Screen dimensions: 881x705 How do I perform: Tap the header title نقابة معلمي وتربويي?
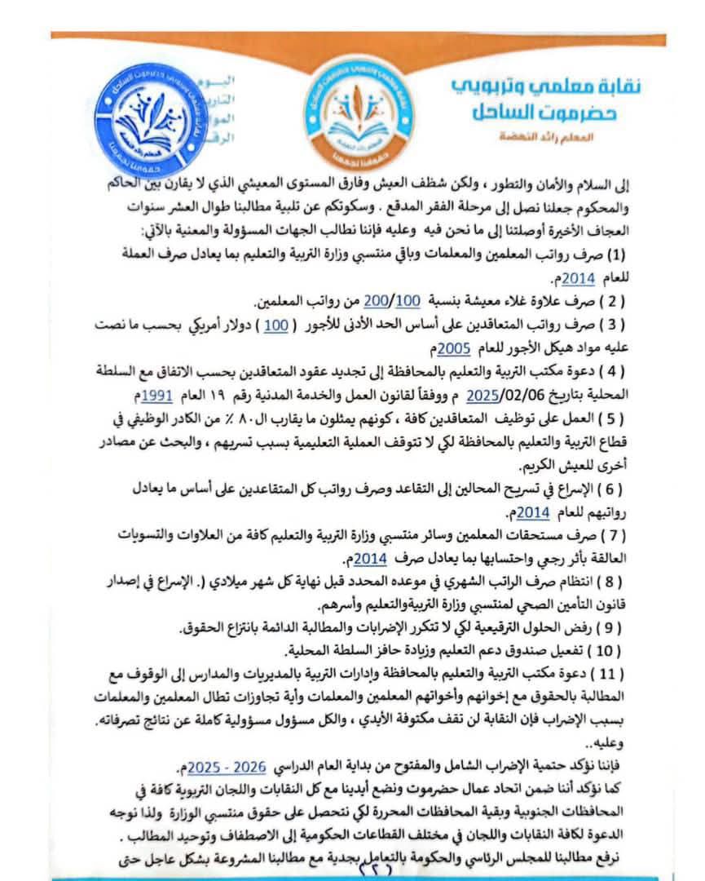[557, 86]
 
